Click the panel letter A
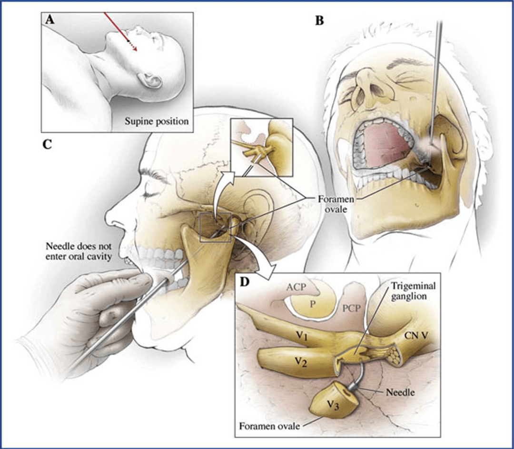(49, 20)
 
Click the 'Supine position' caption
(157, 121)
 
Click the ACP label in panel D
(296, 287)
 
